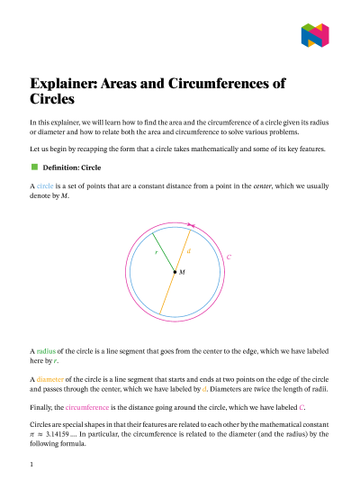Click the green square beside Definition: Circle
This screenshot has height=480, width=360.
(34, 167)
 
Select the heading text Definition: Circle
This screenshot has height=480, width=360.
(78, 168)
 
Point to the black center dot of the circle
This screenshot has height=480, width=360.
(175, 271)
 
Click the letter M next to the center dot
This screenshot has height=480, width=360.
(182, 271)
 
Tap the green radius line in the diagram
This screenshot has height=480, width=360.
(163, 251)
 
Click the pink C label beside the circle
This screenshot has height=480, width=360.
(229, 258)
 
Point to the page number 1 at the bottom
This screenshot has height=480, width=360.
(31, 465)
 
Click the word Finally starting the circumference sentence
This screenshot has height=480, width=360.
(41, 407)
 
